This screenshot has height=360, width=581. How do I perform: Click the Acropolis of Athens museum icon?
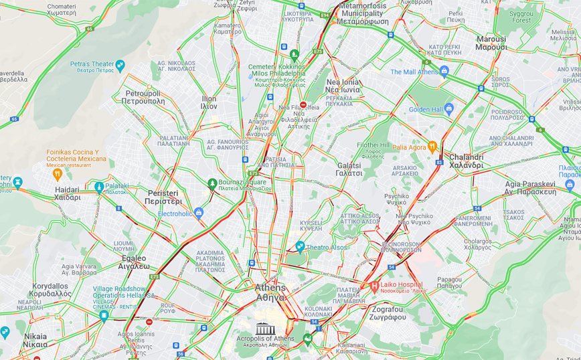tap(265, 329)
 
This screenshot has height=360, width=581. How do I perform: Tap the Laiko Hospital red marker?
tap(374, 286)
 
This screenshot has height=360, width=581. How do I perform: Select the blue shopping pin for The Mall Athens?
tap(444, 72)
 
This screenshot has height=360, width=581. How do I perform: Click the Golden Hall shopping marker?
tap(448, 109)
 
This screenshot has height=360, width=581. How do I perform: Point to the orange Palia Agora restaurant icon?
tap(432, 147)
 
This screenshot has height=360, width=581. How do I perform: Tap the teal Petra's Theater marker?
tap(120, 66)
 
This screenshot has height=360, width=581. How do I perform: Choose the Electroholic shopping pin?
tap(199, 213)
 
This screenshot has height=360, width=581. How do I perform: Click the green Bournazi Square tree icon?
tap(212, 183)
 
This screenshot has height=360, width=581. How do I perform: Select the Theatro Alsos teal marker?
tap(300, 247)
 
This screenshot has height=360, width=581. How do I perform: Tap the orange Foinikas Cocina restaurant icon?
tap(58, 174)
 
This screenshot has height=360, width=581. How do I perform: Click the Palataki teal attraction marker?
tap(99, 187)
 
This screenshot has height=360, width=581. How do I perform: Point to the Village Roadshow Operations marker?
tap(104, 316)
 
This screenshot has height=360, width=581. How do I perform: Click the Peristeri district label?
tap(163, 197)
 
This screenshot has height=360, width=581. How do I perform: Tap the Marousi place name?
tap(491, 43)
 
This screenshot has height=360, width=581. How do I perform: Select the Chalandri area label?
tap(466, 161)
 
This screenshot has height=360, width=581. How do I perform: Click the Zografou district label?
tap(388, 313)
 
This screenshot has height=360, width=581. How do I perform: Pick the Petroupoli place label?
tap(143, 97)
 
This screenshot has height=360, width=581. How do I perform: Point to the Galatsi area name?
tap(349, 169)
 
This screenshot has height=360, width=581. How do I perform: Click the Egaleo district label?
tap(134, 262)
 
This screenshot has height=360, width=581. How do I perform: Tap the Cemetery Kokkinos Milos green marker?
tap(295, 54)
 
